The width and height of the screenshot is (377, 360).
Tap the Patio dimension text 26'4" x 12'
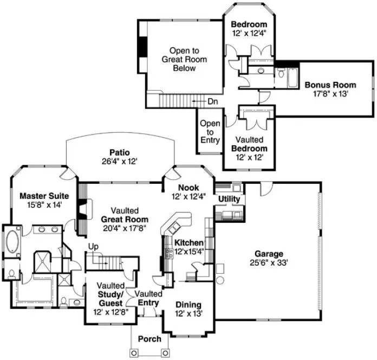(x=119, y=160)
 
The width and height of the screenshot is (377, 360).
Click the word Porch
(x=149, y=339)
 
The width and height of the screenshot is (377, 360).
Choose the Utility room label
(x=229, y=200)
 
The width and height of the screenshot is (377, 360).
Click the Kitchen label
(x=188, y=242)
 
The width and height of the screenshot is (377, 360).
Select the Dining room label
(x=187, y=304)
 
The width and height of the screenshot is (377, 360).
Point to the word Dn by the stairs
(x=213, y=101)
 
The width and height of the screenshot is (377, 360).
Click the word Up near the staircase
(x=93, y=247)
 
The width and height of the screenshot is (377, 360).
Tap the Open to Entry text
(x=210, y=132)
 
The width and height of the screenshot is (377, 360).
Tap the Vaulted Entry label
(x=149, y=298)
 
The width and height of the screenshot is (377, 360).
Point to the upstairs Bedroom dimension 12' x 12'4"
(x=249, y=34)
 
